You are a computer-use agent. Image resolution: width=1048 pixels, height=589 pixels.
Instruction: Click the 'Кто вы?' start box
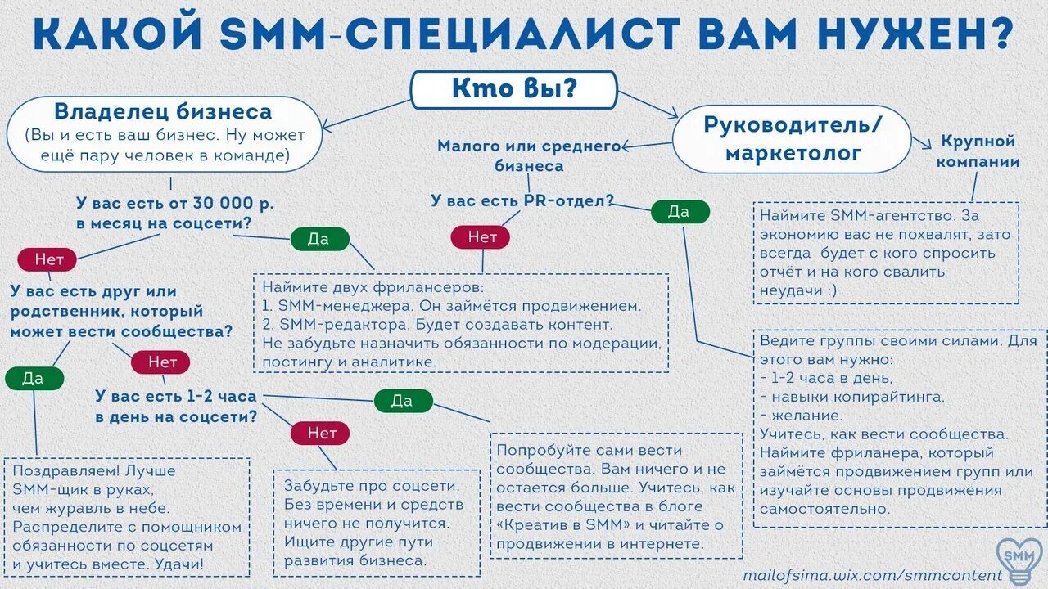point(513,90)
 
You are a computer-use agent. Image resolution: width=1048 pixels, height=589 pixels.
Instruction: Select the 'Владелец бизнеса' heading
point(163,111)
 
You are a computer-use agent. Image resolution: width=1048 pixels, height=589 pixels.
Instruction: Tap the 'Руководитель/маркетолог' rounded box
point(792,138)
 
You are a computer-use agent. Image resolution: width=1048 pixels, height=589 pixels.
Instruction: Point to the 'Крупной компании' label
point(978,151)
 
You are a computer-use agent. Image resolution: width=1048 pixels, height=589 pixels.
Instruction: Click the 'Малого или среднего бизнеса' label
point(529,155)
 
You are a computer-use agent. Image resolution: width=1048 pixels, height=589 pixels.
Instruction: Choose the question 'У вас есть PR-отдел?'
point(522,200)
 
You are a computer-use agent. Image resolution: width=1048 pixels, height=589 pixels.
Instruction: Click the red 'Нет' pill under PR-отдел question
point(481,237)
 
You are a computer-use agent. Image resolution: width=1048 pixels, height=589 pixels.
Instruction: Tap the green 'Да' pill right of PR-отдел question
point(680,212)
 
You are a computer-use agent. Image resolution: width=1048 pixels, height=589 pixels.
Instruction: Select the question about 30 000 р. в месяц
point(174,213)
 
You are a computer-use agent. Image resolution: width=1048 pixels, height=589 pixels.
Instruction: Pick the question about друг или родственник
point(120,312)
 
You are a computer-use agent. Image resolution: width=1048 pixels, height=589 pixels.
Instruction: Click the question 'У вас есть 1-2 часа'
point(176,406)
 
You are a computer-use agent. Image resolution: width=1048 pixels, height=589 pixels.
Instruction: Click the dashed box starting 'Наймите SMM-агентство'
point(886,253)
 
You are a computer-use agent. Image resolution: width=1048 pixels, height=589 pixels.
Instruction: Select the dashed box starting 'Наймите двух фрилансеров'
point(460,323)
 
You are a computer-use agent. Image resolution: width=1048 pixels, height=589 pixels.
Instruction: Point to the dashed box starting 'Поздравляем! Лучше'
point(126,517)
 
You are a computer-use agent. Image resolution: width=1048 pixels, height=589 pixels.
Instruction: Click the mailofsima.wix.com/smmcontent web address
point(872,575)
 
